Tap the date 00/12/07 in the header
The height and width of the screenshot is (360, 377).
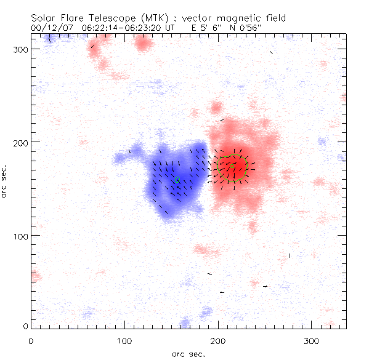[50, 28]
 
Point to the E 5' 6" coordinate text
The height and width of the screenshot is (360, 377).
[206, 28]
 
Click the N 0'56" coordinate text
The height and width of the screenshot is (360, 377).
[253, 28]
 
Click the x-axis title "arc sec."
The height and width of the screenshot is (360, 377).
[188, 354]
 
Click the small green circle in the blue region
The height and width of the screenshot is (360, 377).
[177, 180]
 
